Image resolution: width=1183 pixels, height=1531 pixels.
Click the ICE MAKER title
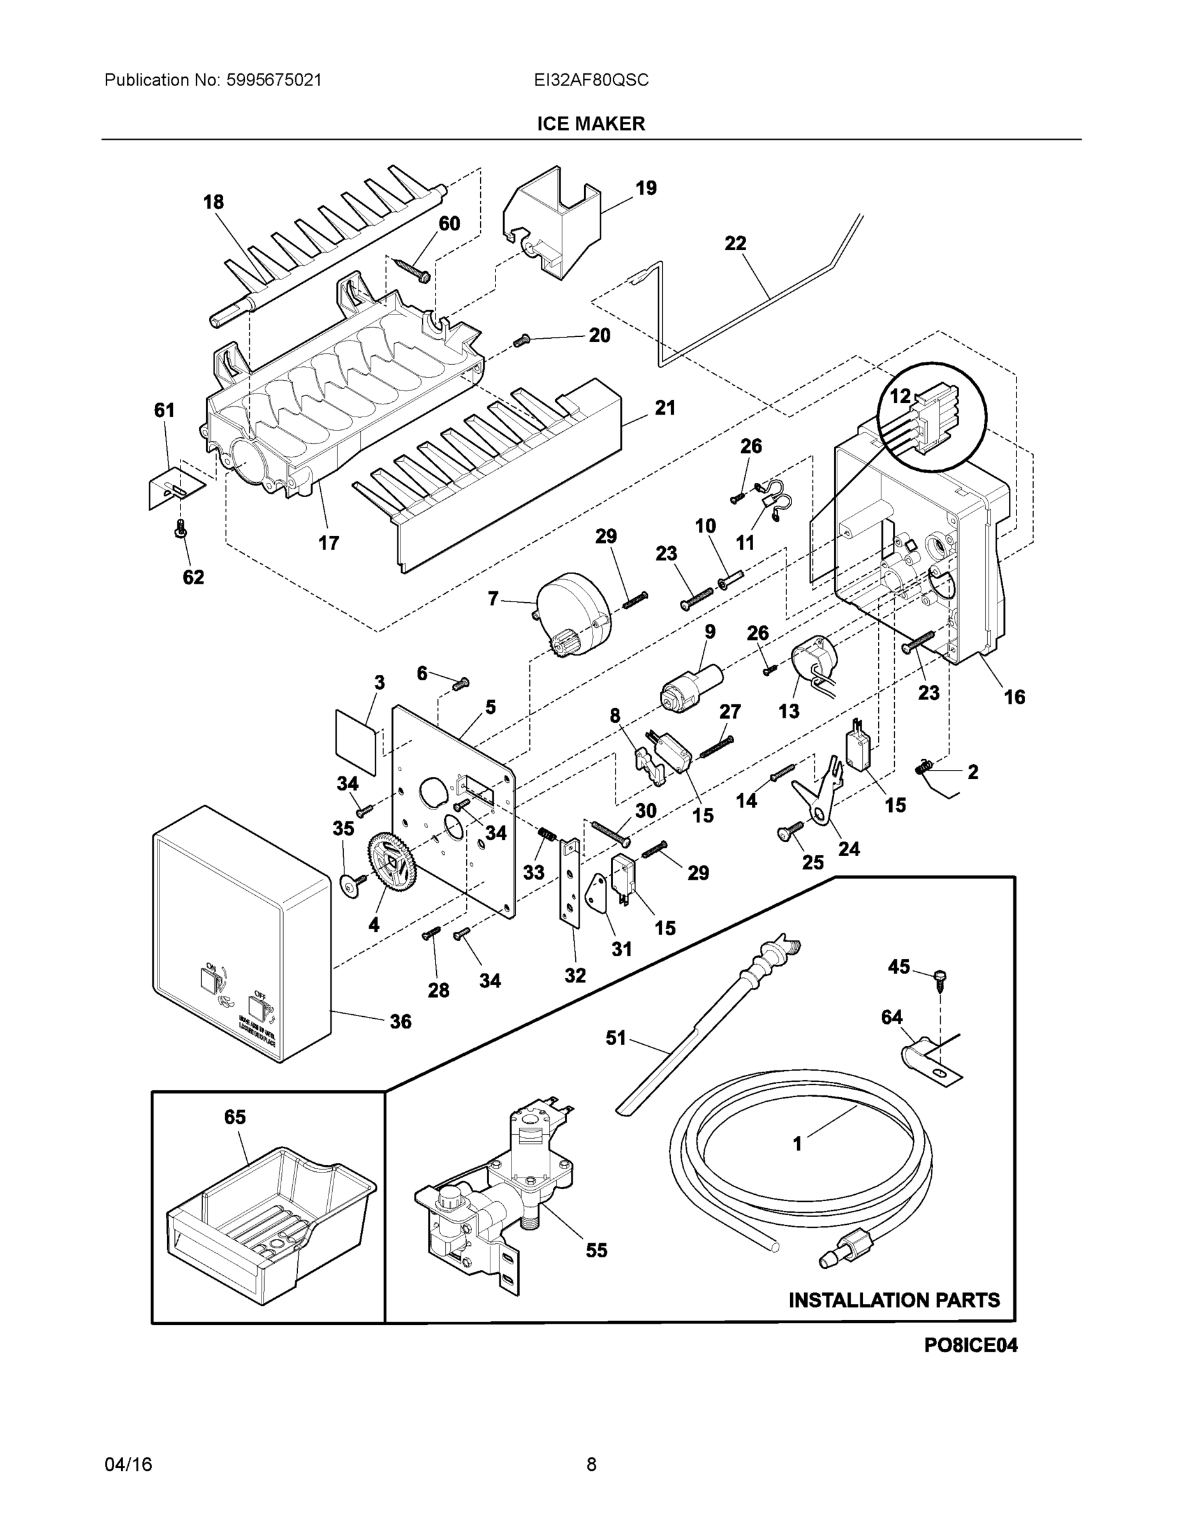pos(591,124)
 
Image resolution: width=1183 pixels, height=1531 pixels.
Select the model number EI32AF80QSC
pos(591,80)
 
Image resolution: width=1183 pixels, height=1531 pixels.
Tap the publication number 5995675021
pos(274,80)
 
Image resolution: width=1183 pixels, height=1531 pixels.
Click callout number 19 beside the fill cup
pos(645,188)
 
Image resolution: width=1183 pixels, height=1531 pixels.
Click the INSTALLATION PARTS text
pos(894,1300)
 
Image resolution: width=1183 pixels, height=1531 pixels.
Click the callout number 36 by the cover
pos(400,1021)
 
